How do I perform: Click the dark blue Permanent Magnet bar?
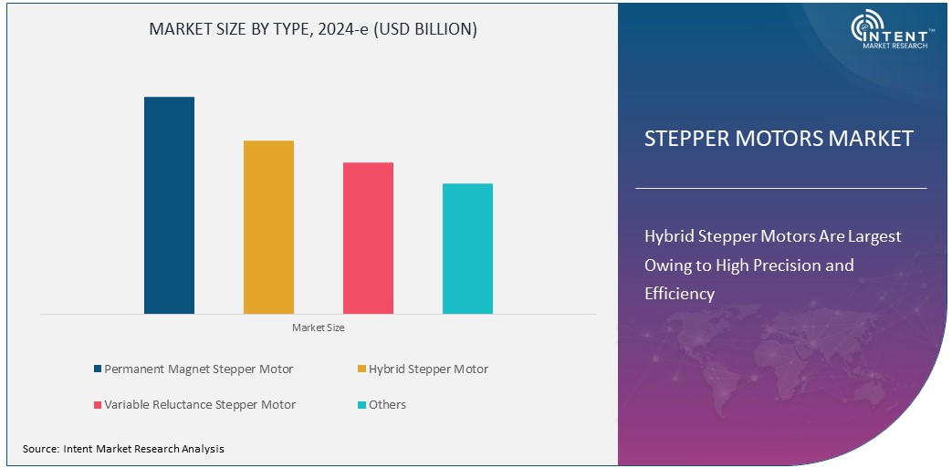169,205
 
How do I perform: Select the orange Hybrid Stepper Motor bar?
268,227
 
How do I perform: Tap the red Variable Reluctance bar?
368,238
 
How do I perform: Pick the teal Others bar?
467,248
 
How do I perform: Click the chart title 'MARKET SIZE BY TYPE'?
313,29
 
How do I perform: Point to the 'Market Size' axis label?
318,328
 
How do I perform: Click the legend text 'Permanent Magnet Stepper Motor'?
198,369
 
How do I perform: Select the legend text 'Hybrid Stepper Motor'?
428,369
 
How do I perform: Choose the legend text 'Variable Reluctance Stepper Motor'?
200,404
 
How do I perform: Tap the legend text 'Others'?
388,404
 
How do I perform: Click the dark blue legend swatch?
98,369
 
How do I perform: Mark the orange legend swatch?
361,369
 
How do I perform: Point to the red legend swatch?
98,404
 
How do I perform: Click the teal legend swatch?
361,404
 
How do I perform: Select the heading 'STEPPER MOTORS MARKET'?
779,139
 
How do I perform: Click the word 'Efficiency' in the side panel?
679,294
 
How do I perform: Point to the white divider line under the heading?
780,188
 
